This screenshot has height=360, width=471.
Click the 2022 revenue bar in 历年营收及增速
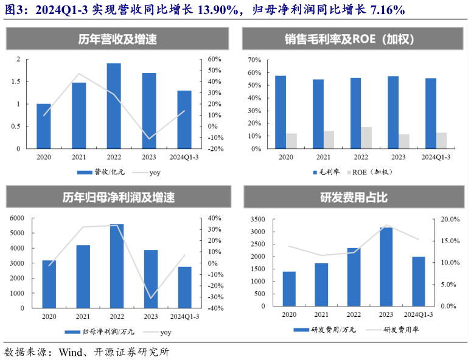(114, 106)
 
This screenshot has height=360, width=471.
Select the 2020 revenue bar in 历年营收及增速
(44, 126)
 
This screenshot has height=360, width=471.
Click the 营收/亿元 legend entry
(105, 173)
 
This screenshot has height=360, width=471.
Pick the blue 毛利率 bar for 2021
(318, 114)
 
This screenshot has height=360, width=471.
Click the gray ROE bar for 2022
(366, 138)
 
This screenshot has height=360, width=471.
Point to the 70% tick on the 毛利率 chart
(254, 60)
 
